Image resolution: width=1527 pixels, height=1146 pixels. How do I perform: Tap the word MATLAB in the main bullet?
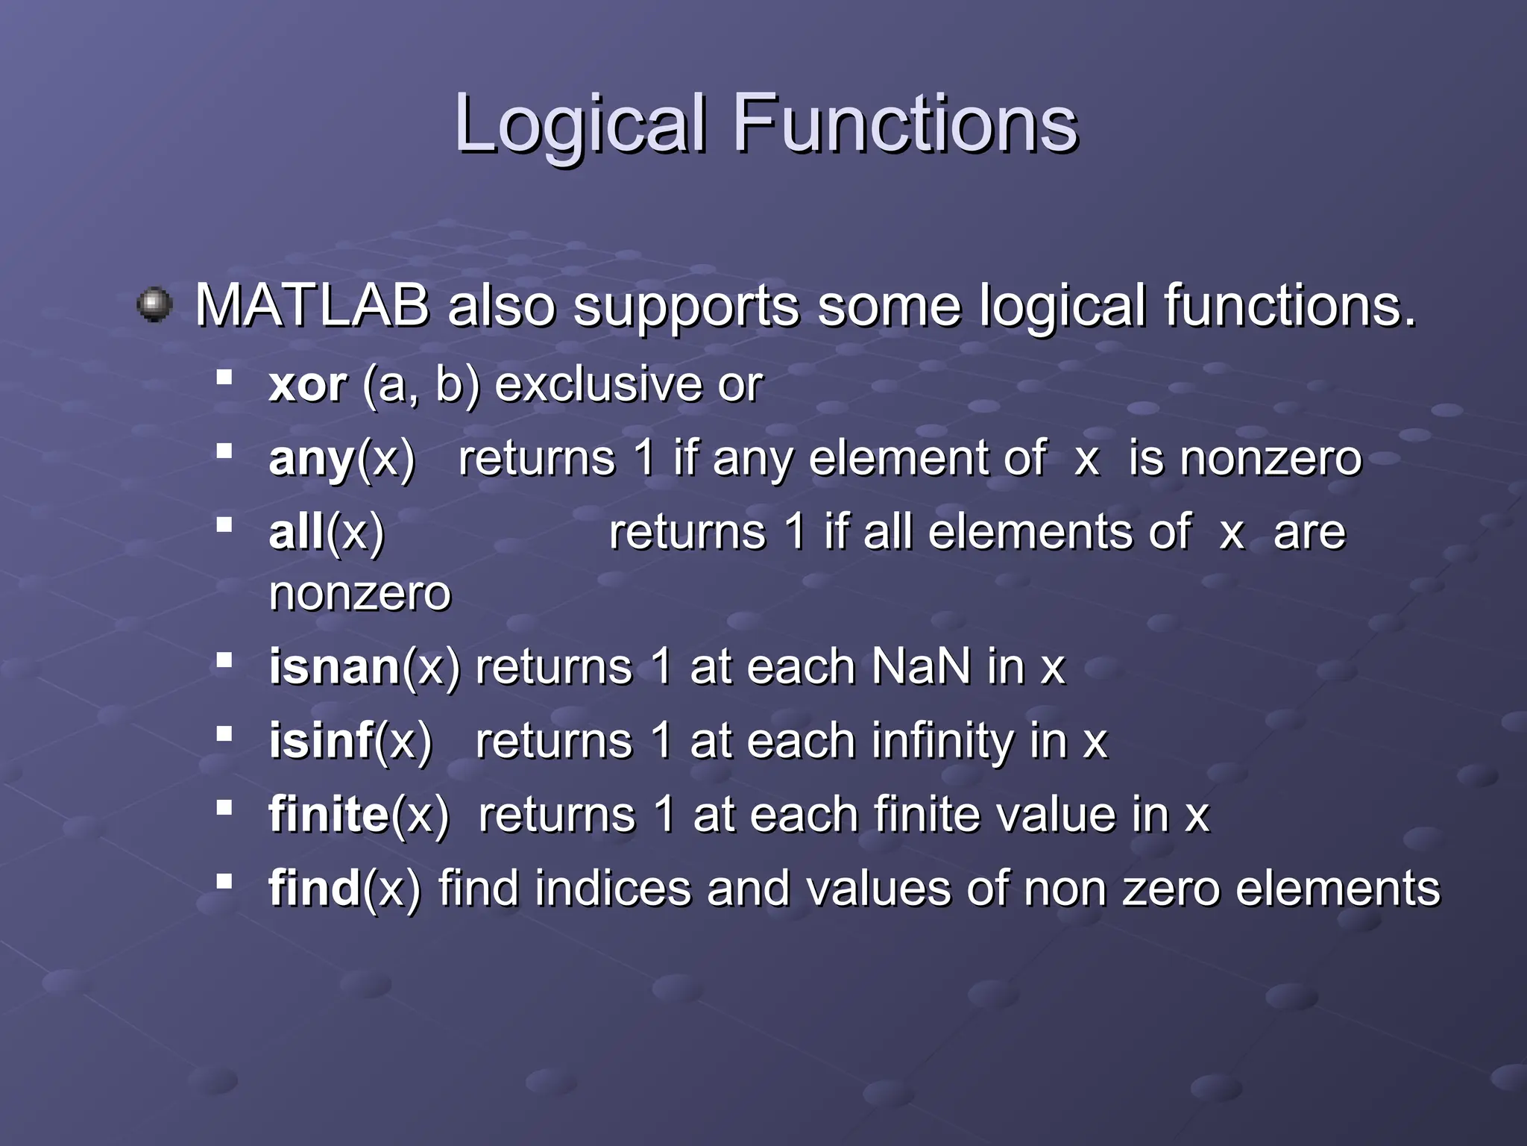point(312,306)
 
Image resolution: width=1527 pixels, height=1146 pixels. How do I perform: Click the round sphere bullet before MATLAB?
point(155,304)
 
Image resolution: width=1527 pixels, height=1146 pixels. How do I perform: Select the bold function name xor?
point(307,386)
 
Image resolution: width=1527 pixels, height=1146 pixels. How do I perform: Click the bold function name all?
point(296,532)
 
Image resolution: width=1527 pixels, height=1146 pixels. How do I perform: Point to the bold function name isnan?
point(335,666)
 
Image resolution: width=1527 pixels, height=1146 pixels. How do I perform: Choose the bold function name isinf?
point(321,740)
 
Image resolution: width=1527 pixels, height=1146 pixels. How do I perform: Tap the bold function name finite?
point(329,814)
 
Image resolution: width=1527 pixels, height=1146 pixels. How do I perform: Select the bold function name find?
point(315,888)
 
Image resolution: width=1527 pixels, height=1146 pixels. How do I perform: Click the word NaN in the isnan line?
point(921,666)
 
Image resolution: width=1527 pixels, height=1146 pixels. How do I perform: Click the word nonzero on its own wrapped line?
point(360,594)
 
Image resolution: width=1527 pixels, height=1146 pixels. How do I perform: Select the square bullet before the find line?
point(224,882)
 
